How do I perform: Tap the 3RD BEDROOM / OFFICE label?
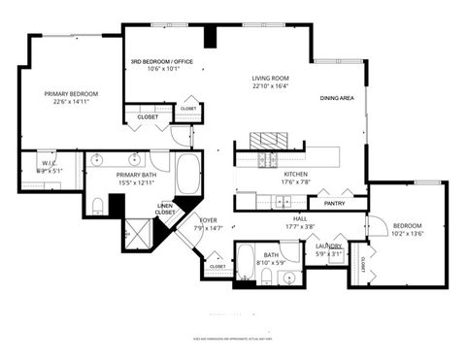162,62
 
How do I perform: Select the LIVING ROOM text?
271,79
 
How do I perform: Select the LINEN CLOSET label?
165,209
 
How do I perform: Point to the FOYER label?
209,220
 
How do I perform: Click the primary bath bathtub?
186,178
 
